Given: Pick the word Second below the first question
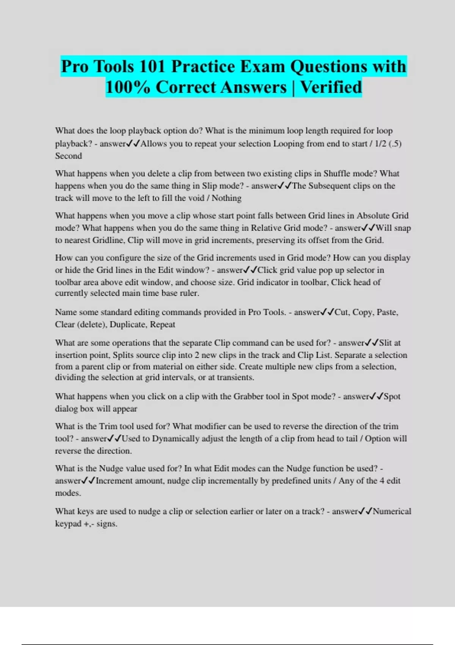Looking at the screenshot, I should point(68,156).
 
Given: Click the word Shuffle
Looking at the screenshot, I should point(337,173).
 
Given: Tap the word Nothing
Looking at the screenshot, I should point(226,198).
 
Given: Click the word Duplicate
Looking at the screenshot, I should point(127,324).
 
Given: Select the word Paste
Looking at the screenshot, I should point(387,312).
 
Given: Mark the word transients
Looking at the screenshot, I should point(235,378).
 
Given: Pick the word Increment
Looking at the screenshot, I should point(114,481).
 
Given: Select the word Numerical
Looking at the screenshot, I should point(392,511).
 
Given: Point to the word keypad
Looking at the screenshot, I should point(68,524).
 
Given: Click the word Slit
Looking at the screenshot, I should point(385,343).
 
